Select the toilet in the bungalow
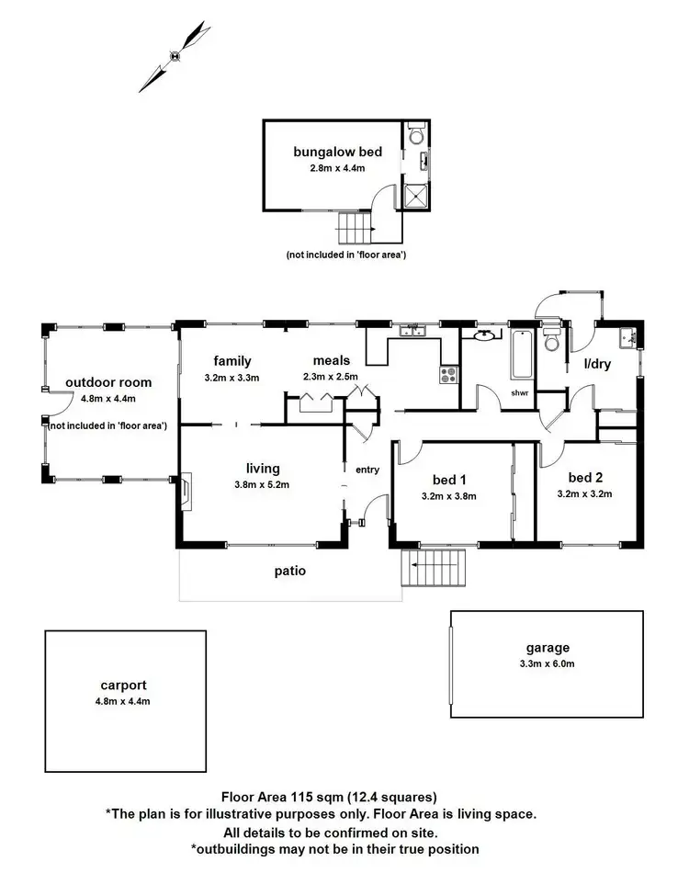(x=416, y=137)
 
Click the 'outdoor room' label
(x=108, y=382)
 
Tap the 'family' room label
(x=232, y=361)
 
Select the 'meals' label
(x=331, y=361)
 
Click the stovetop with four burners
(x=448, y=374)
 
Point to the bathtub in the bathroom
(x=521, y=354)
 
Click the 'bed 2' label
(x=585, y=478)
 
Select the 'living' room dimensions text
(x=262, y=484)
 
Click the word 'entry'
(x=367, y=470)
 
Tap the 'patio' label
(x=289, y=571)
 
